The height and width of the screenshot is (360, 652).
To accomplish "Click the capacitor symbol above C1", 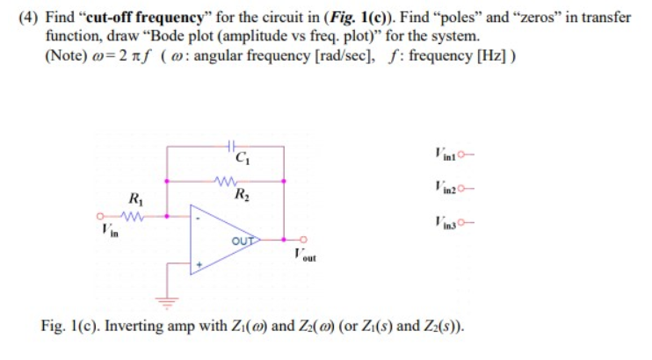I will (229, 145).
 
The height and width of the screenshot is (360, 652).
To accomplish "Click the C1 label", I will (241, 159).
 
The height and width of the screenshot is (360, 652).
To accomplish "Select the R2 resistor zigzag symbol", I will (226, 182).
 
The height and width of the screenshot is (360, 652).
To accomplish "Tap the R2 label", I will (239, 195).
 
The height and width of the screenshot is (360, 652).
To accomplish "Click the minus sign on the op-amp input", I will (199, 216).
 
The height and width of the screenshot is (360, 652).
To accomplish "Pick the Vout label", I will (303, 256).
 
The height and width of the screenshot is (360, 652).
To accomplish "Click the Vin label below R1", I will (107, 230).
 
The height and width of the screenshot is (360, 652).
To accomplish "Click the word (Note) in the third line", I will (66, 57).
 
